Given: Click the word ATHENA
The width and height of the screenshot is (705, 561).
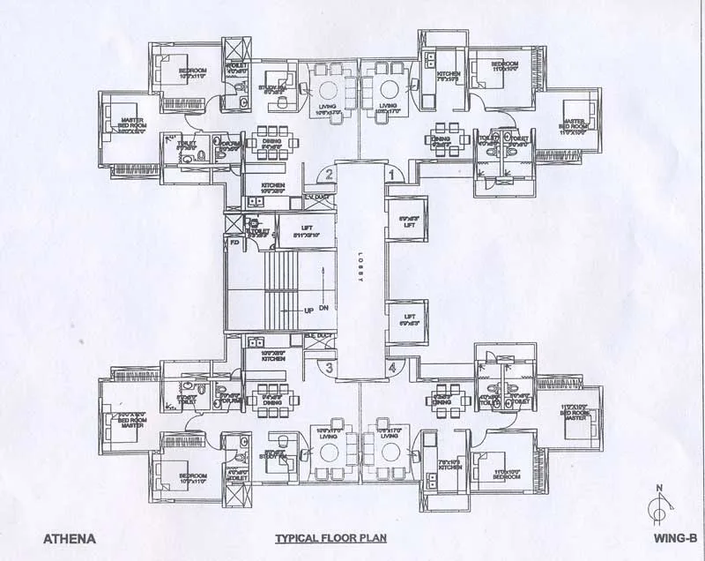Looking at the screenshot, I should coord(69,536).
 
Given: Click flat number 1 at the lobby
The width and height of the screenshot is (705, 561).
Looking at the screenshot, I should coord(391,176).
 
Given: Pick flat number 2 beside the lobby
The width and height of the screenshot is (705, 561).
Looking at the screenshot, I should coord(328,176).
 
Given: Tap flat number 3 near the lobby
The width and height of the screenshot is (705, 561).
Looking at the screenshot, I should coord(328,368).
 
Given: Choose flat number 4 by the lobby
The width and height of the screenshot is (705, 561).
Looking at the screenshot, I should coord(391,368).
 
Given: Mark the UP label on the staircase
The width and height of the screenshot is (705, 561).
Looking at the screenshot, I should coord(308,311).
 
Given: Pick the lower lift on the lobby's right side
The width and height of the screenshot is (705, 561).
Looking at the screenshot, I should coord(408,318).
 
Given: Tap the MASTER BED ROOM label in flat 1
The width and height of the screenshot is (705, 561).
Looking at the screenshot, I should coord(574,124).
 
